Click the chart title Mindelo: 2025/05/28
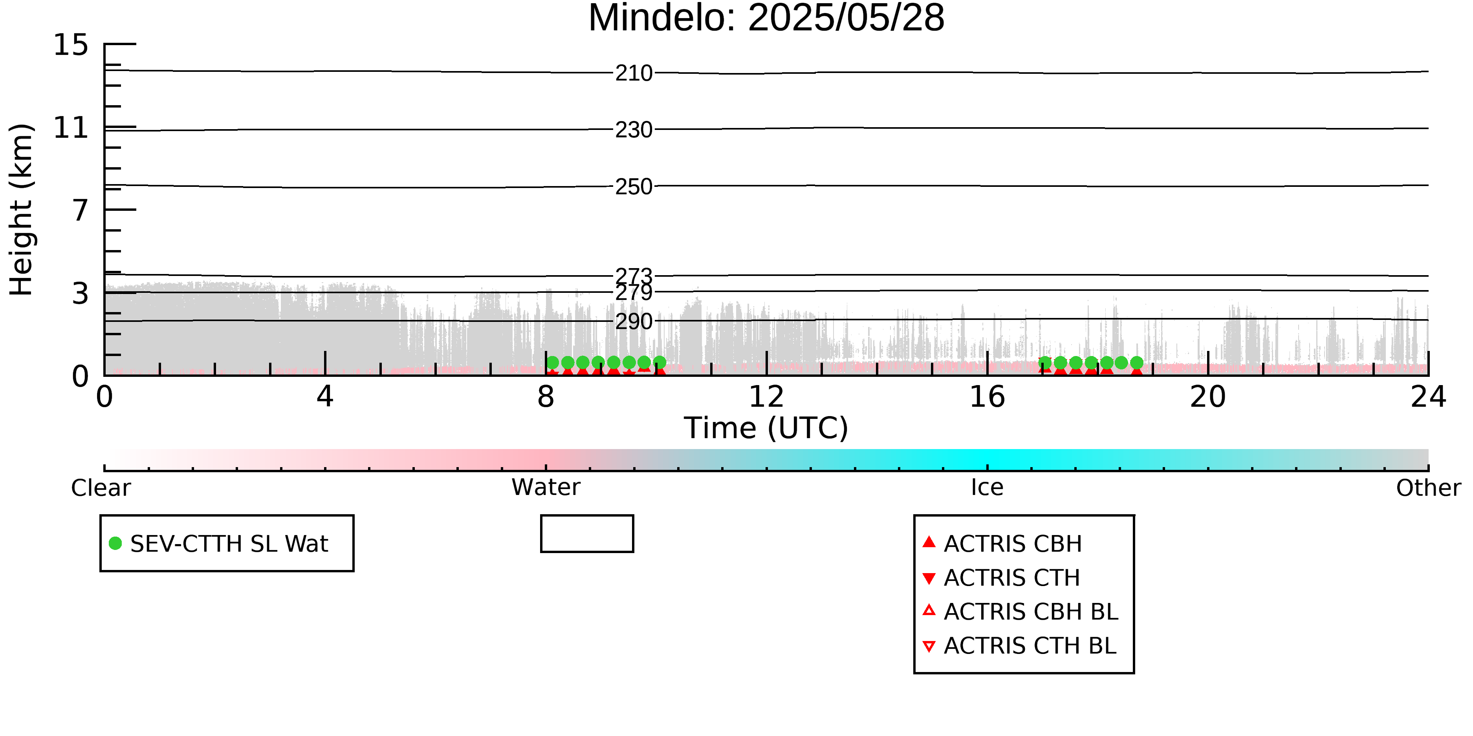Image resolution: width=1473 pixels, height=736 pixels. pyautogui.click(x=766, y=18)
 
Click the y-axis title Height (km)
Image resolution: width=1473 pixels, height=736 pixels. pyautogui.click(x=22, y=210)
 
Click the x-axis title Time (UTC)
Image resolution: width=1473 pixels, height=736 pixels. pyautogui.click(x=766, y=428)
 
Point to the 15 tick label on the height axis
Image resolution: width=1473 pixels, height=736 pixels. pyautogui.click(x=71, y=45)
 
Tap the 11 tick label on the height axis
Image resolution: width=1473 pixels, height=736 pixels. pyautogui.click(x=71, y=128)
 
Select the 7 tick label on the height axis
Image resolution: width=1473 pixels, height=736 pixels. pyautogui.click(x=81, y=210)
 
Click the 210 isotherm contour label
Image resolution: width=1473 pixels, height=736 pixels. pyautogui.click(x=634, y=73)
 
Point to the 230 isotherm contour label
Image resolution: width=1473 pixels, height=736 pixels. pyautogui.click(x=634, y=130)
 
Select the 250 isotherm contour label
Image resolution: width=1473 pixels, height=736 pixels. pyautogui.click(x=634, y=186)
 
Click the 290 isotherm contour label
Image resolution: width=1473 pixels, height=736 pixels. pyautogui.click(x=634, y=321)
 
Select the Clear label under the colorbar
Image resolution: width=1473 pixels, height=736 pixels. pyautogui.click(x=101, y=488)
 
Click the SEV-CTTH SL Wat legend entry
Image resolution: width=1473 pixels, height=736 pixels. pyautogui.click(x=219, y=543)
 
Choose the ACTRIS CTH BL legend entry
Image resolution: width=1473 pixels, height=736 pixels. pyautogui.click(x=1020, y=646)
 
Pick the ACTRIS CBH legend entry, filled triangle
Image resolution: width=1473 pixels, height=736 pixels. pyautogui.click(x=1002, y=543)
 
